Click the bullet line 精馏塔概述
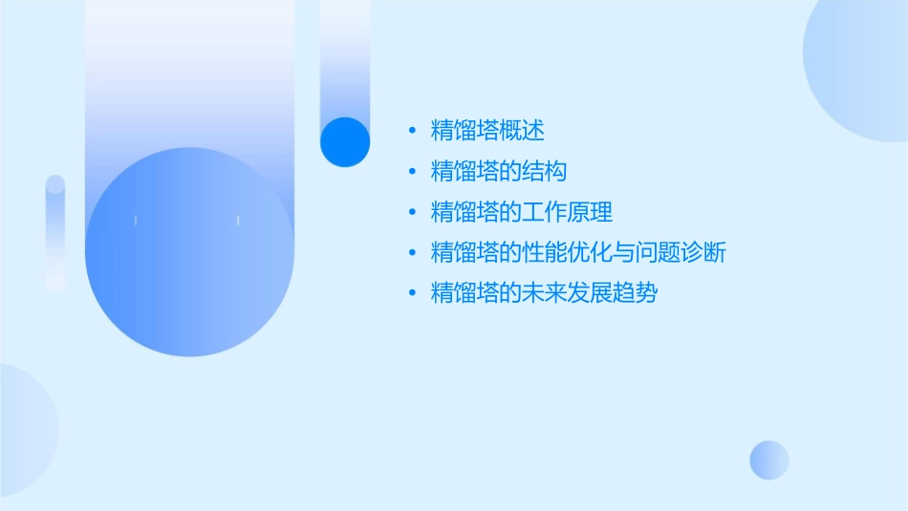click(487, 131)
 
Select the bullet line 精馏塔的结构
click(499, 172)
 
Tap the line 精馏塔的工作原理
click(522, 212)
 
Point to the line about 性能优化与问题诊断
click(579, 253)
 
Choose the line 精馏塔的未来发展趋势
click(545, 293)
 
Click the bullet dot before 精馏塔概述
click(412, 131)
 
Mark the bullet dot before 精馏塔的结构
click(412, 172)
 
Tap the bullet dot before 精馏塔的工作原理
click(412, 212)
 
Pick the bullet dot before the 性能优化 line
click(412, 253)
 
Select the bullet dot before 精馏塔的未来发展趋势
click(412, 293)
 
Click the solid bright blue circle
click(345, 142)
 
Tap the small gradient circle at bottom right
click(769, 459)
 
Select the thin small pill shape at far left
click(55, 232)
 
